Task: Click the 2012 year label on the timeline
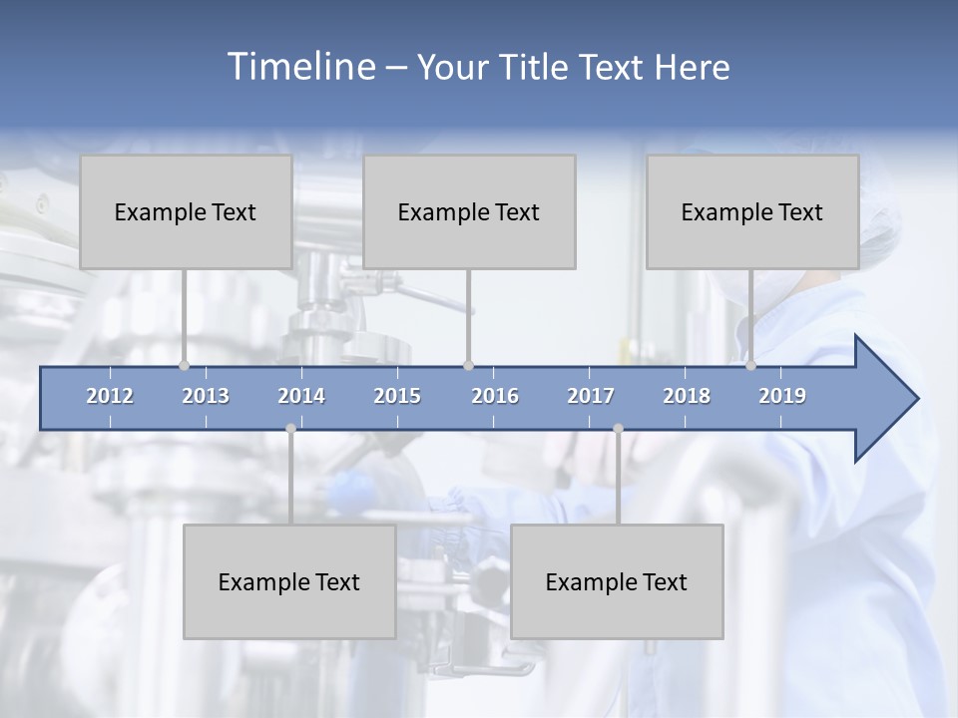pyautogui.click(x=110, y=396)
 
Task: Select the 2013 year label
pyautogui.click(x=206, y=396)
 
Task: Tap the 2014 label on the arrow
pyautogui.click(x=301, y=396)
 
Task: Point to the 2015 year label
pyautogui.click(x=397, y=396)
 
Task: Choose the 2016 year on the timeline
pyautogui.click(x=495, y=396)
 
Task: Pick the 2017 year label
pyautogui.click(x=591, y=396)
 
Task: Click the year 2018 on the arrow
pyautogui.click(x=687, y=396)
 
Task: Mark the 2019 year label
pyautogui.click(x=782, y=396)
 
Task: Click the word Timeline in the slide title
pyautogui.click(x=299, y=67)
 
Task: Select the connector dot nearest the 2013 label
pyautogui.click(x=184, y=366)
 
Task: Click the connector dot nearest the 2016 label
pyautogui.click(x=468, y=366)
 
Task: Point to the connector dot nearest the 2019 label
pyautogui.click(x=750, y=366)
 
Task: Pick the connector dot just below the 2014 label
pyautogui.click(x=290, y=429)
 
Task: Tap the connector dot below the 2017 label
pyautogui.click(x=618, y=429)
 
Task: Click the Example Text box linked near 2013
pyautogui.click(x=186, y=211)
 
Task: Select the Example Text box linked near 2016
pyautogui.click(x=469, y=211)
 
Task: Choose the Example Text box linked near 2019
pyautogui.click(x=752, y=211)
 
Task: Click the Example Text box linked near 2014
pyautogui.click(x=289, y=581)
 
